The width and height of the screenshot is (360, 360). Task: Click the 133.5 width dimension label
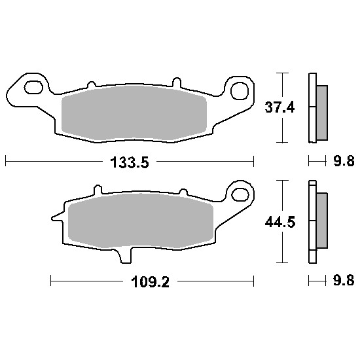click(x=130, y=162)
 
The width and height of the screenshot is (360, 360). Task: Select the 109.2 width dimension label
click(x=150, y=281)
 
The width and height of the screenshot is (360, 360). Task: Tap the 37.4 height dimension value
click(x=279, y=107)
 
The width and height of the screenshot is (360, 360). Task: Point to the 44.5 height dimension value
click(x=280, y=223)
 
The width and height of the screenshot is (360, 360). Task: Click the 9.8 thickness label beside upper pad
click(x=344, y=161)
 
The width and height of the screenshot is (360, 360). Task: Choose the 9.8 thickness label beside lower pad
click(x=344, y=280)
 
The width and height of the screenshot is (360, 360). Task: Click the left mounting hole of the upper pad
click(x=34, y=87)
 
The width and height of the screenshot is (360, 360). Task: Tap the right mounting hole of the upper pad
click(x=240, y=91)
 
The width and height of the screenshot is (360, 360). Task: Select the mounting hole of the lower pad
click(x=240, y=195)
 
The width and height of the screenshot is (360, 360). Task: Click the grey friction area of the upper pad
click(x=134, y=113)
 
